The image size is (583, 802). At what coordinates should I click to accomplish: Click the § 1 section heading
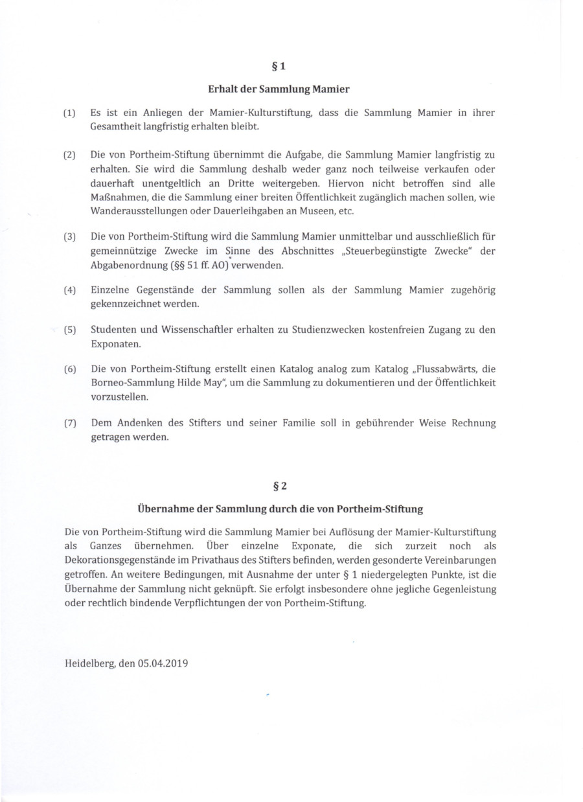[x=278, y=66]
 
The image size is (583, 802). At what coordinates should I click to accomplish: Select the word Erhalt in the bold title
[x=222, y=89]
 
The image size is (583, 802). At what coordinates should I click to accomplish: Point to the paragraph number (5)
[x=69, y=330]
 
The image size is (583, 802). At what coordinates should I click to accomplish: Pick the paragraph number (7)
[x=69, y=424]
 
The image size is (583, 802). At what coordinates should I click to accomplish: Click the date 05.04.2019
[x=163, y=663]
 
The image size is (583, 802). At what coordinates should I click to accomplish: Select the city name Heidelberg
[x=89, y=663]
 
